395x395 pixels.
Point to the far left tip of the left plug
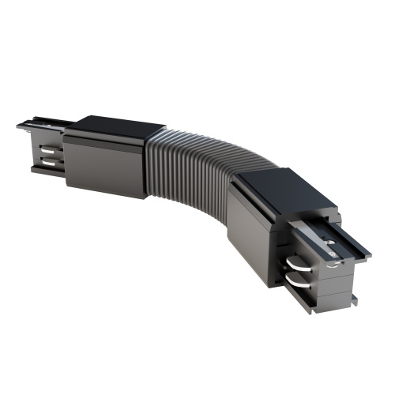point(19,126)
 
